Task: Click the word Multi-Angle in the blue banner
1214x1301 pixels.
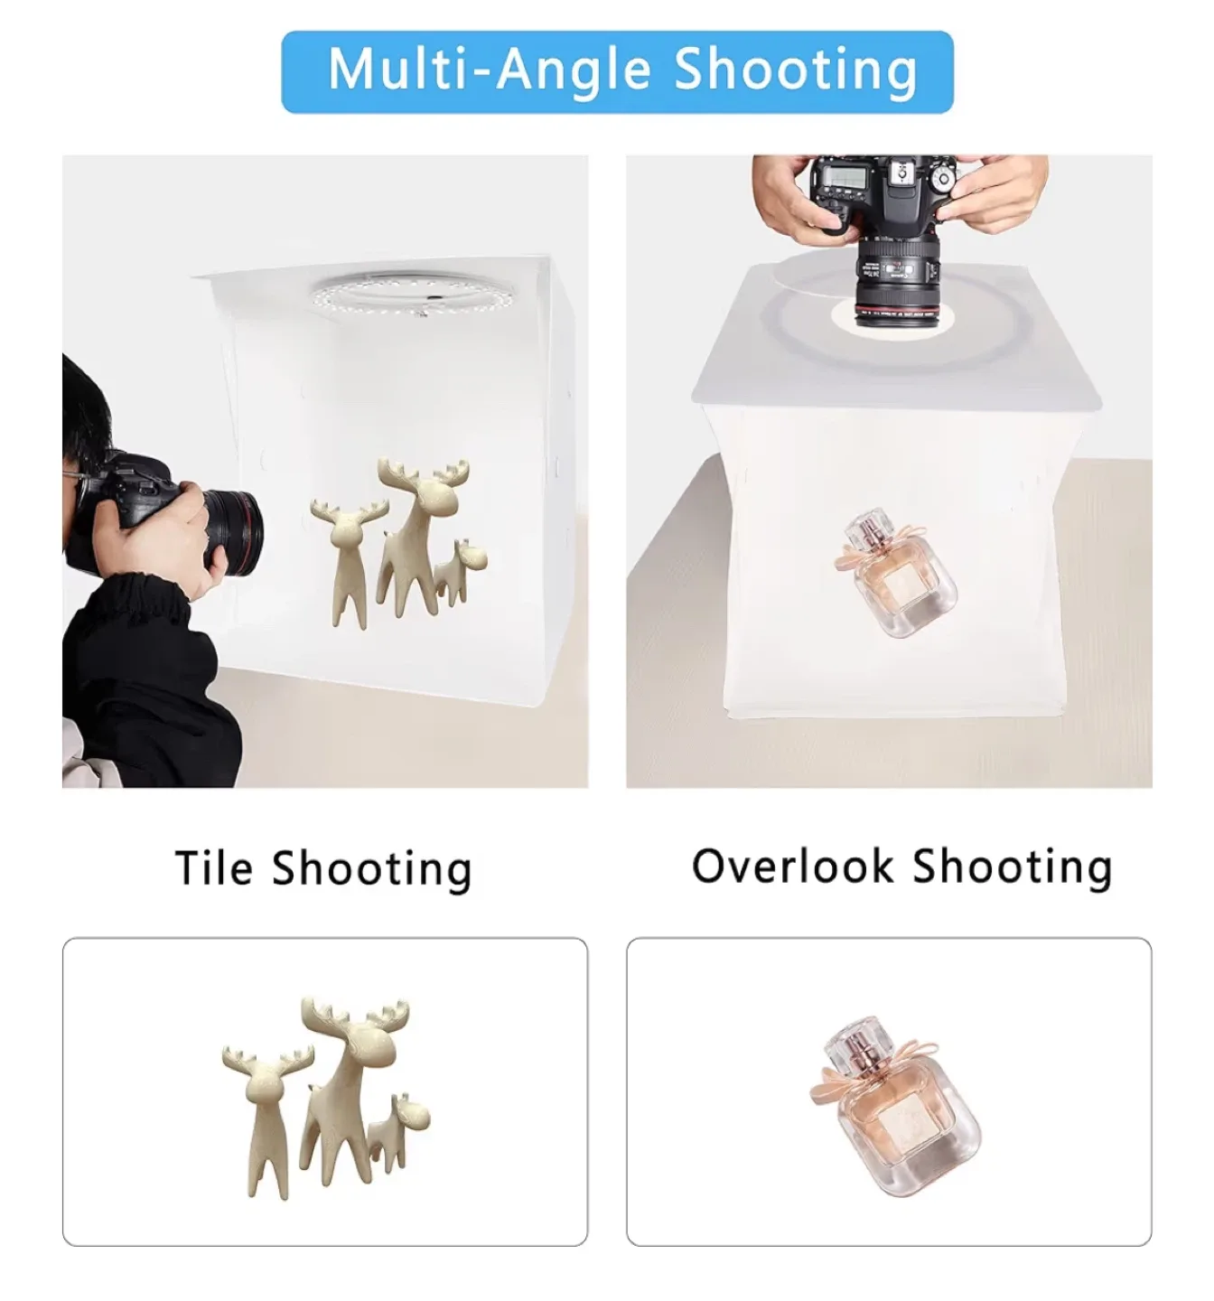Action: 489,70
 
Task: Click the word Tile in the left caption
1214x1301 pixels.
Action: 213,867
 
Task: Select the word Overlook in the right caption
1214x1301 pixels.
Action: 792,866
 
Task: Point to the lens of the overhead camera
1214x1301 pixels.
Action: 898,278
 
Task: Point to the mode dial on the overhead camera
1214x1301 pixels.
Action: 941,178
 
